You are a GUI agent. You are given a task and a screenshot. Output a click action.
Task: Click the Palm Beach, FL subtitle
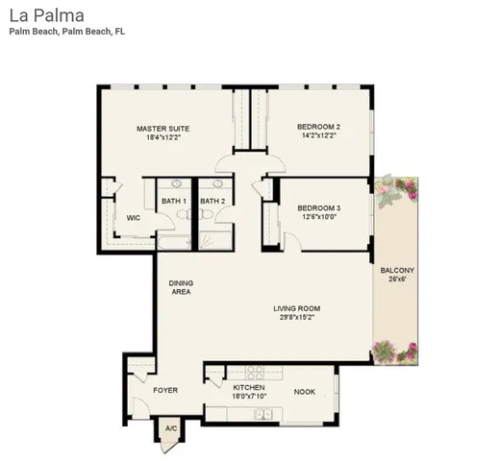[x=67, y=32]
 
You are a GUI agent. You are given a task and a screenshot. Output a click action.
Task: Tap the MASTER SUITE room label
[x=162, y=128]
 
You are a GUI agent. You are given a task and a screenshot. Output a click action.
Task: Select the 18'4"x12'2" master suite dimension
[x=162, y=137]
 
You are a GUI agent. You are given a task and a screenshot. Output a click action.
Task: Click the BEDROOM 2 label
[x=318, y=127]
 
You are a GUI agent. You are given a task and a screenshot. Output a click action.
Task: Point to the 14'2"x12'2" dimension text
[x=318, y=136]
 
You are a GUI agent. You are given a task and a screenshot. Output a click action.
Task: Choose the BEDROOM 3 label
[x=318, y=207]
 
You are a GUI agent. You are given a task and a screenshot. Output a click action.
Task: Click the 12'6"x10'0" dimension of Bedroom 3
[x=318, y=217]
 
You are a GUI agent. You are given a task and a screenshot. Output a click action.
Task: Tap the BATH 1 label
[x=174, y=201]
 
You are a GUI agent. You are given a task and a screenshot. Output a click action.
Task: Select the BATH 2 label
[x=212, y=201]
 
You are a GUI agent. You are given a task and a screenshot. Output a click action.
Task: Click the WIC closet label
[x=134, y=218]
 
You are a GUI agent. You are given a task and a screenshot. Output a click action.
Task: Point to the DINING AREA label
[x=180, y=287]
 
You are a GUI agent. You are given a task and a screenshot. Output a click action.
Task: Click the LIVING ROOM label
[x=296, y=308]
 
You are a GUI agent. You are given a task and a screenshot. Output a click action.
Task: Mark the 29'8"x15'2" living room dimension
[x=296, y=318]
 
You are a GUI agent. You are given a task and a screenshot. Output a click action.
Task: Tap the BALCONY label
[x=397, y=271]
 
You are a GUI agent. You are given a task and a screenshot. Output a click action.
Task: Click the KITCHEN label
[x=248, y=386]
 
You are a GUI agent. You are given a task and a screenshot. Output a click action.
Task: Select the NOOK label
[x=305, y=391]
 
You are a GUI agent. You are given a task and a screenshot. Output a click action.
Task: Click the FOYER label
[x=166, y=391]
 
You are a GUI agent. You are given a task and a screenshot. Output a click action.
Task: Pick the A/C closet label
[x=171, y=428]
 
